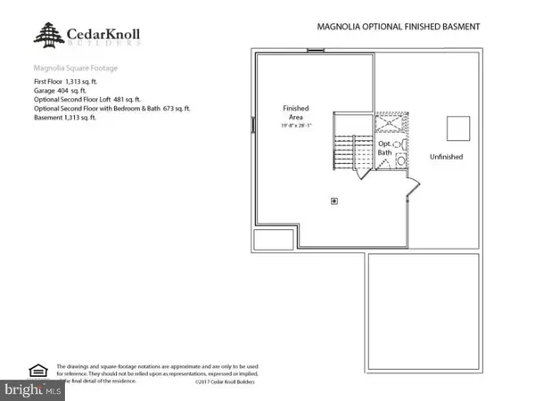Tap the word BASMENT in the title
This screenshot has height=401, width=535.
point(458,27)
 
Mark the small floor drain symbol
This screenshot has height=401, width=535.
point(334,200)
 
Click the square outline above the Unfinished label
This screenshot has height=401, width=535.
point(457,128)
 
